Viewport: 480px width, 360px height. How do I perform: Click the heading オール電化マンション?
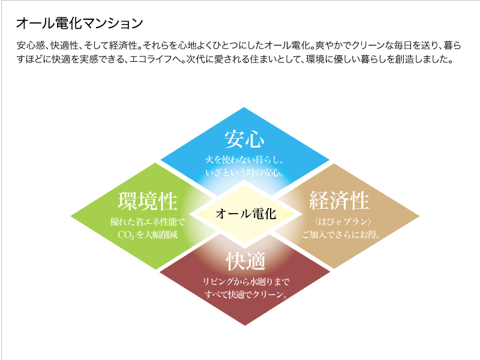[80, 23]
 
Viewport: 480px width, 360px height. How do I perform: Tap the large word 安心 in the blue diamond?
[244, 139]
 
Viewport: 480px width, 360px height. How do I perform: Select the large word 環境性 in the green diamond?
[148, 201]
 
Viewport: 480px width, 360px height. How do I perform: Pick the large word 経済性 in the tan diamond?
[339, 200]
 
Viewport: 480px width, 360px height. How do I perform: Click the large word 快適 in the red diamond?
[245, 261]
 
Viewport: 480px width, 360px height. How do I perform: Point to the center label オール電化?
[246, 214]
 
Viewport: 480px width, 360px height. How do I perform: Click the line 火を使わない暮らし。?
[244, 160]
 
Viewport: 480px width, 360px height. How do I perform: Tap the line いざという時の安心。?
[244, 173]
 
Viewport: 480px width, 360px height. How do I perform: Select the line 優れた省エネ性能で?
[148, 221]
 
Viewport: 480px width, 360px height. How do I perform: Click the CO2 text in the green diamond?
[126, 235]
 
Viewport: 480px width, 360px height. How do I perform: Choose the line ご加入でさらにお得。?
[341, 235]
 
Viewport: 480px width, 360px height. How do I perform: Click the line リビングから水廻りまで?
[246, 281]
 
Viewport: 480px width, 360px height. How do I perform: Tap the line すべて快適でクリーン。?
[246, 295]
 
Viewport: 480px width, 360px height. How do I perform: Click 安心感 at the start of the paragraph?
[31, 46]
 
